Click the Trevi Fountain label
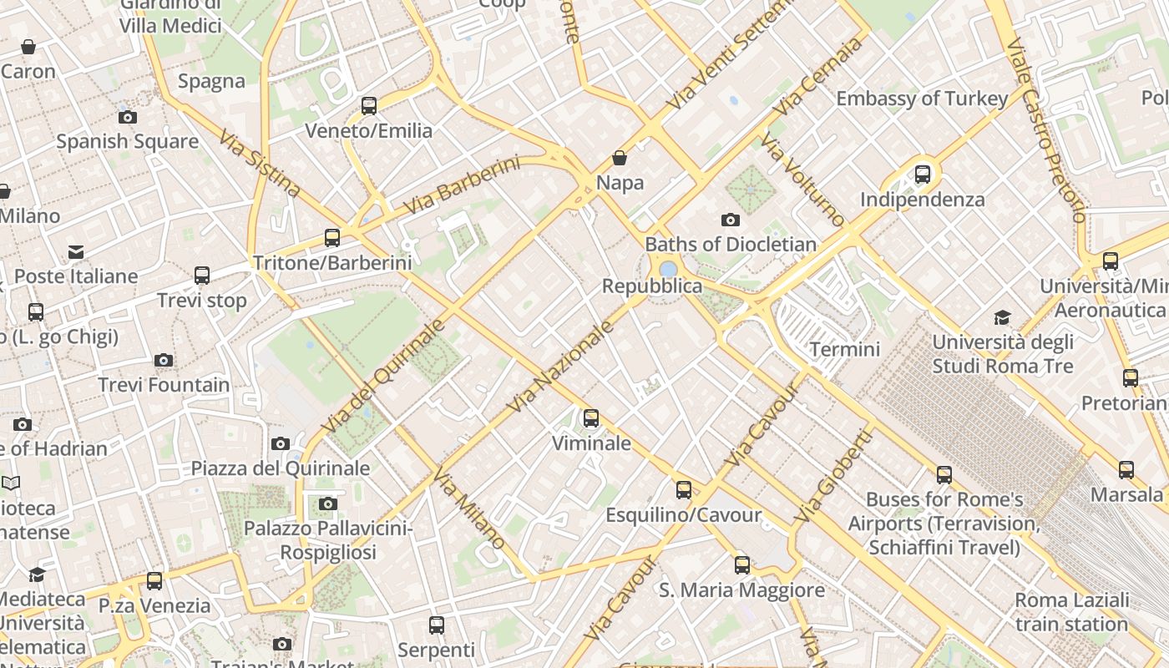pyautogui.click(x=164, y=385)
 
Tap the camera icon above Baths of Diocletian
pyautogui.click(x=731, y=220)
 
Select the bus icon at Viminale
pyautogui.click(x=591, y=417)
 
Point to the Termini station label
pyautogui.click(x=845, y=349)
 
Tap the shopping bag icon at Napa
pyautogui.click(x=620, y=158)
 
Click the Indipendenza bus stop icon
pyautogui.click(x=923, y=175)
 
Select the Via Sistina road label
pyautogui.click(x=260, y=164)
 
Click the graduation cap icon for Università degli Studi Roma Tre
pyautogui.click(x=1002, y=317)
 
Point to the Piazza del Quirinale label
pyautogui.click(x=281, y=468)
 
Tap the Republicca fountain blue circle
pyautogui.click(x=668, y=269)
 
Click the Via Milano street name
pyautogui.click(x=469, y=509)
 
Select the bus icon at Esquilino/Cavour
pyautogui.click(x=684, y=489)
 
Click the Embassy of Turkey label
pyautogui.click(x=922, y=99)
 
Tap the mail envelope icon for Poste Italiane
pyautogui.click(x=76, y=251)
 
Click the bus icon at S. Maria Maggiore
pyautogui.click(x=742, y=565)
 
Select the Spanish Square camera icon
pyautogui.click(x=128, y=117)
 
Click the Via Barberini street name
pyautogui.click(x=462, y=185)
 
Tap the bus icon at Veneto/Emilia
pyautogui.click(x=369, y=106)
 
